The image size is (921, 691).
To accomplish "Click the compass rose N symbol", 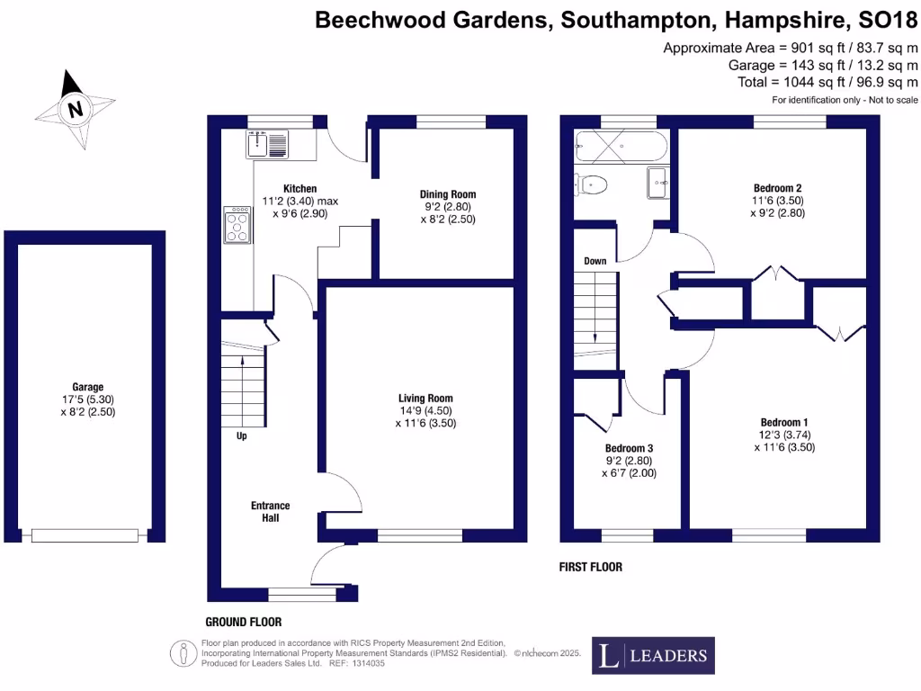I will pos(75,111).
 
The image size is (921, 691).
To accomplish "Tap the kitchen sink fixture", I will pos(267,144).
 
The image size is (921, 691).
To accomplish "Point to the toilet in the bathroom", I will pos(594,185).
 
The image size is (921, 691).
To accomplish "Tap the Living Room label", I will pos(425,398).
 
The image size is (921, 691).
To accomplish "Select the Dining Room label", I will pos(447,194).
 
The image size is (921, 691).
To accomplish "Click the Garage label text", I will pos(88,388).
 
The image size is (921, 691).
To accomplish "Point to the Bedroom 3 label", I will pos(629,448).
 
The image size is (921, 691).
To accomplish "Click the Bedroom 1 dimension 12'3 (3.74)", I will pos(784,435).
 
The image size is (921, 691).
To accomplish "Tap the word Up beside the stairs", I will pos(241,436).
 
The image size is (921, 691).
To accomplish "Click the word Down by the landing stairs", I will pos(595,261).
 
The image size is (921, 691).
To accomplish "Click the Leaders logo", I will pos(654,656).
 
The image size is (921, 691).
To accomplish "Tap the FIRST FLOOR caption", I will pos(591,567).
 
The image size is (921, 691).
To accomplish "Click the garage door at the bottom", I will pos(85,535).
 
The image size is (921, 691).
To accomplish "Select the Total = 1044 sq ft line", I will pos(827,83).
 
